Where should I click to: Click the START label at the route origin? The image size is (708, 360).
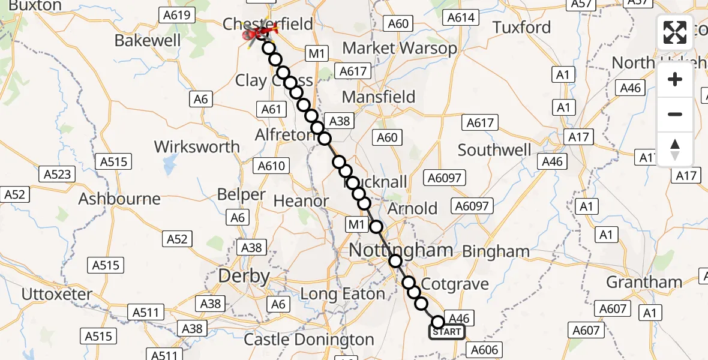[447, 332]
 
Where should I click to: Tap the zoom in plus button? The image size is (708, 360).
[675, 79]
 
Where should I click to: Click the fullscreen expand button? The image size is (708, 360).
[675, 32]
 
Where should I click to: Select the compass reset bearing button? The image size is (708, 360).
[675, 149]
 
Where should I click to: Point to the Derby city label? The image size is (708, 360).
[244, 276]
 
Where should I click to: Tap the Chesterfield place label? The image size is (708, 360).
[268, 24]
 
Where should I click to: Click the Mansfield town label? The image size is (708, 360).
[379, 97]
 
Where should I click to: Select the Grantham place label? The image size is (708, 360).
[644, 282]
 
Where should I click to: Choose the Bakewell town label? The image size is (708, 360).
[148, 41]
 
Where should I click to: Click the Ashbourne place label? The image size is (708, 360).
[119, 199]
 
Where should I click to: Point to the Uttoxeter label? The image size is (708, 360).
[57, 295]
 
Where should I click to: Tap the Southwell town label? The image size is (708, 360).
[494, 149]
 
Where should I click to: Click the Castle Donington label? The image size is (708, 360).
[309, 340]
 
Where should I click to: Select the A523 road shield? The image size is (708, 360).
[58, 175]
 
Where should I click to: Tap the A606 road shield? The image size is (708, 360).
[485, 350]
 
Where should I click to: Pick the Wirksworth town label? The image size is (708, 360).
[197, 147]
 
